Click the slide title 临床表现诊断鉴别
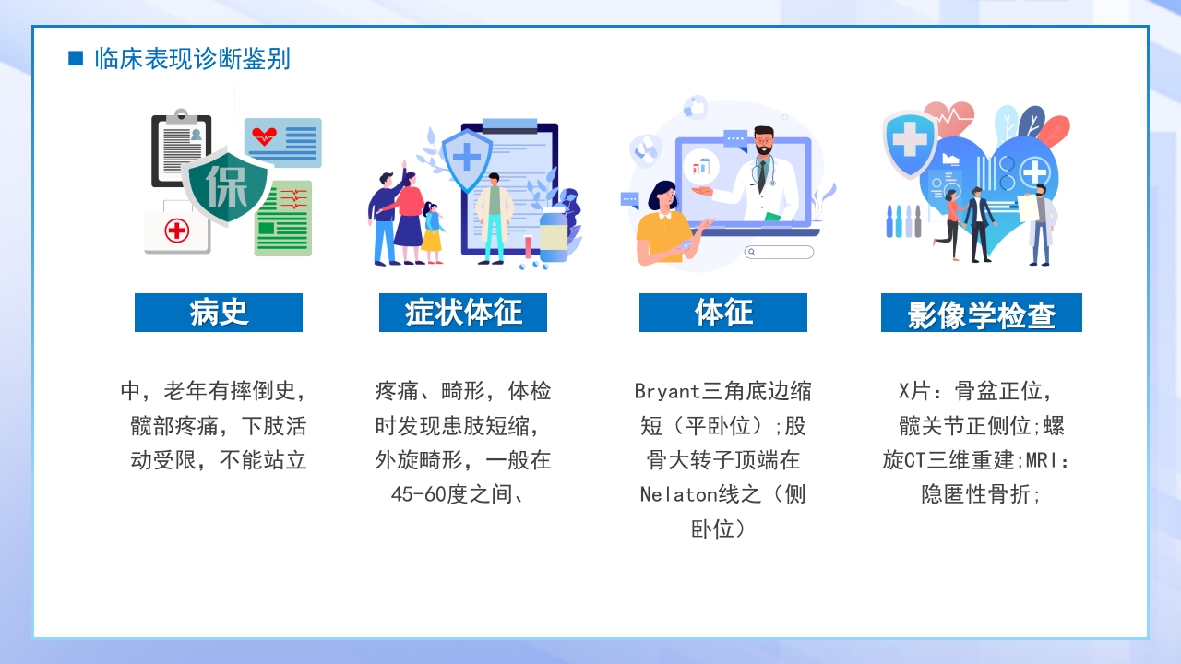click(192, 59)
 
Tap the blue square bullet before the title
click(76, 59)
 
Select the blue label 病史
click(219, 313)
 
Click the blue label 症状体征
click(462, 313)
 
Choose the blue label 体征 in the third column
click(722, 313)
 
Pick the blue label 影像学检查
click(981, 314)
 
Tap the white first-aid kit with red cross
click(176, 229)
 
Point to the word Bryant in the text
click(667, 391)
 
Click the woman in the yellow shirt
click(661, 226)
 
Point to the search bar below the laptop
click(780, 252)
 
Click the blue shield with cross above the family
click(467, 158)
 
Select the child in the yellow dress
click(432, 231)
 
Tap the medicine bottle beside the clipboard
click(554, 238)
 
